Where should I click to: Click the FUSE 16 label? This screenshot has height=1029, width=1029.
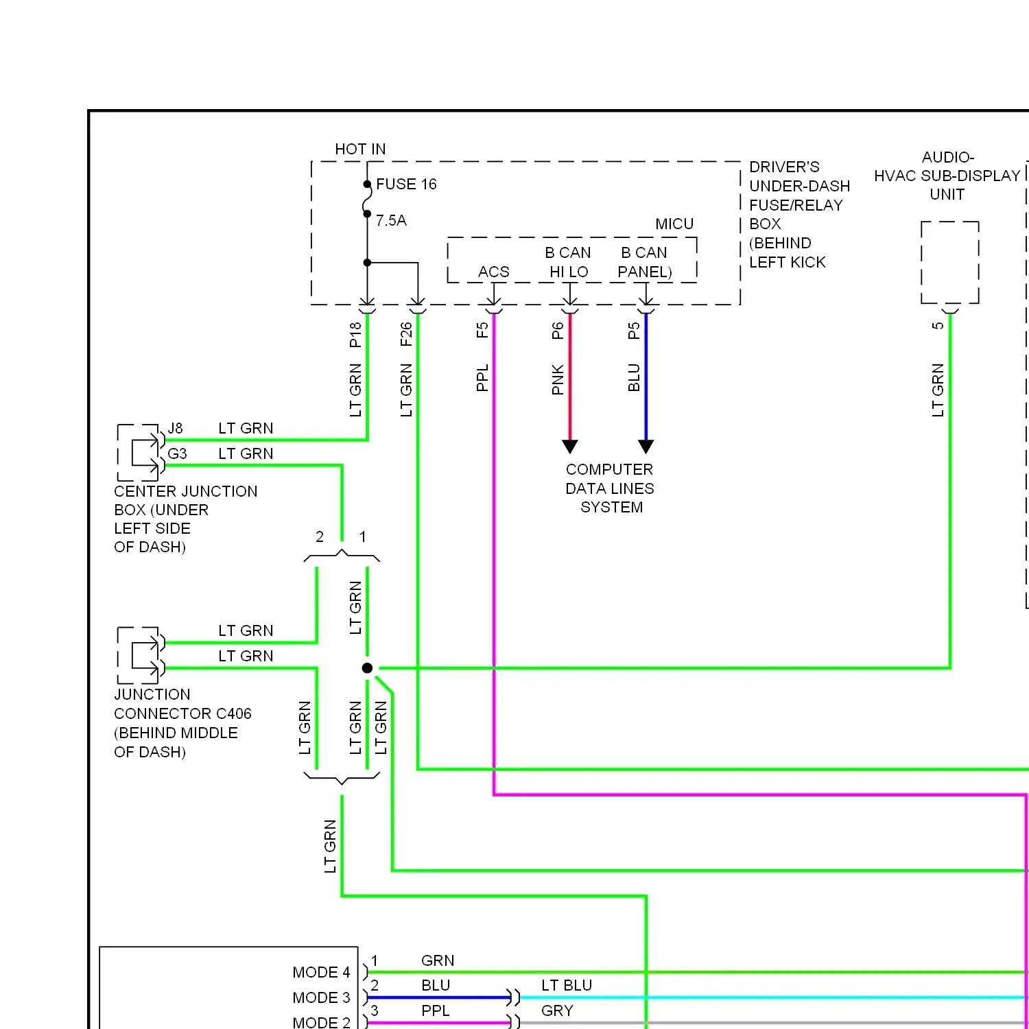tap(406, 185)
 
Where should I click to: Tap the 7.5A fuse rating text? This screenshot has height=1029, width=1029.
tap(391, 221)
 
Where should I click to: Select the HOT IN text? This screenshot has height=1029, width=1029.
tap(360, 150)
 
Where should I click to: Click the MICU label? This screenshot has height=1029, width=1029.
tap(674, 224)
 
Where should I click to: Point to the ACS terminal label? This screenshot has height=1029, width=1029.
tap(494, 272)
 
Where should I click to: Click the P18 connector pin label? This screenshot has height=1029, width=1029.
tap(355, 335)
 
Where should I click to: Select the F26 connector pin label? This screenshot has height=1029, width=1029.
tap(406, 335)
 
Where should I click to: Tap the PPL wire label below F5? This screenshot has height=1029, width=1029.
tap(482, 378)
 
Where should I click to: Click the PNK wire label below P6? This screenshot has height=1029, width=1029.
tap(558, 379)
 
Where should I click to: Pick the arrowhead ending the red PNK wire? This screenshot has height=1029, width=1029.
tap(570, 447)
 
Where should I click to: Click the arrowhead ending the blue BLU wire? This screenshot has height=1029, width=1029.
tap(646, 447)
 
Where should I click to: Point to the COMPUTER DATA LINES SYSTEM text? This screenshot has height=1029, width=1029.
tap(610, 488)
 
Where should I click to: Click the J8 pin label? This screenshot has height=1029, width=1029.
tap(176, 429)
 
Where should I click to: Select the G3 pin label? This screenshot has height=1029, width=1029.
tap(177, 454)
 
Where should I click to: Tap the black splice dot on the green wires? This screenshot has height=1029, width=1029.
tap(368, 668)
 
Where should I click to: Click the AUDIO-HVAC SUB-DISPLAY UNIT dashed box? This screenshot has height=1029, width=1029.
tap(950, 262)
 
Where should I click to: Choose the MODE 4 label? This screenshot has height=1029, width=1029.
tap(321, 973)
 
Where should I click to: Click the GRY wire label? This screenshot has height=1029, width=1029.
tap(557, 1011)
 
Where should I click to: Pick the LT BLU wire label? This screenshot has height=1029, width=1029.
tap(567, 986)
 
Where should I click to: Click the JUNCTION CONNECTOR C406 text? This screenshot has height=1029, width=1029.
tap(182, 714)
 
